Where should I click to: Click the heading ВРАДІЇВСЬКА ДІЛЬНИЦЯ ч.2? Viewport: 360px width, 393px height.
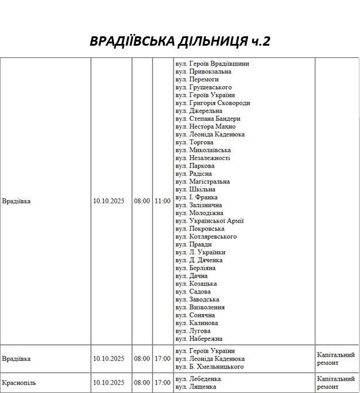[180, 42]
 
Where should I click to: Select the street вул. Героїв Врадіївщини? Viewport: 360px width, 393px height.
[212, 64]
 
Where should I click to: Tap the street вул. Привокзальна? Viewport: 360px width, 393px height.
[203, 71]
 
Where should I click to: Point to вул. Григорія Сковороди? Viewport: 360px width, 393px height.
[212, 103]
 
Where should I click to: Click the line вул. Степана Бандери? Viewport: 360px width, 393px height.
[208, 119]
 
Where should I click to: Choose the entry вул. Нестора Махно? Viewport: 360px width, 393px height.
[205, 127]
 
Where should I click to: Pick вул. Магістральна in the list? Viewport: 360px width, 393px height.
[202, 182]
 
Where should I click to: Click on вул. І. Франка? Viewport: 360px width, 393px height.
[196, 197]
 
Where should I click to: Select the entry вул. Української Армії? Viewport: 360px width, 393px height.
[209, 221]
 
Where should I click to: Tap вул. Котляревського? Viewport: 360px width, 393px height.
[206, 237]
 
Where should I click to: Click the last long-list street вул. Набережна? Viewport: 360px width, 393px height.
[199, 339]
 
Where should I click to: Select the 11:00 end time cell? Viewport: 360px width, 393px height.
[162, 201]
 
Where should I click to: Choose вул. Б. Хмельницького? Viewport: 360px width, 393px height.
[209, 367]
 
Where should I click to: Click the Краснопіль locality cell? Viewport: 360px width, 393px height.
[19, 382]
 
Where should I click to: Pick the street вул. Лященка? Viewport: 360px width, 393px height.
[196, 387]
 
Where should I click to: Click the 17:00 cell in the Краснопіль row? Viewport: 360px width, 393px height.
[162, 382]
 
